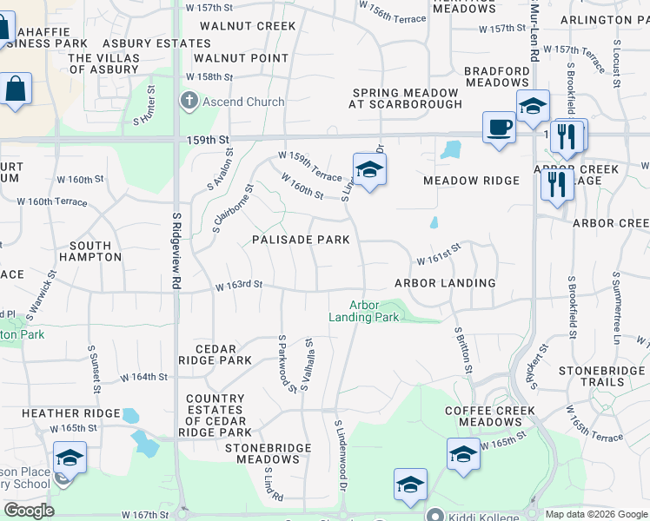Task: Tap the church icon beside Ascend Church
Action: (x=189, y=102)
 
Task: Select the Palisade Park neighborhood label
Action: (x=301, y=240)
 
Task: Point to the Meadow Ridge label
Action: (x=471, y=181)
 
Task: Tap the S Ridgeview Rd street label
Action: (x=176, y=251)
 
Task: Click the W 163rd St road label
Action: (x=239, y=285)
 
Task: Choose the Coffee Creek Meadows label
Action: (x=483, y=416)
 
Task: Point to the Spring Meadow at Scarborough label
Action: (x=406, y=98)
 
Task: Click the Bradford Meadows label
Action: (x=496, y=76)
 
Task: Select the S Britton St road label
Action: (x=464, y=350)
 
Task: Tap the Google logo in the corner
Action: (x=29, y=511)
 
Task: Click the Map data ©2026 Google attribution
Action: (x=595, y=514)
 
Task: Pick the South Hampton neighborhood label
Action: (x=90, y=252)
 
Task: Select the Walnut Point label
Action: (x=241, y=58)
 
